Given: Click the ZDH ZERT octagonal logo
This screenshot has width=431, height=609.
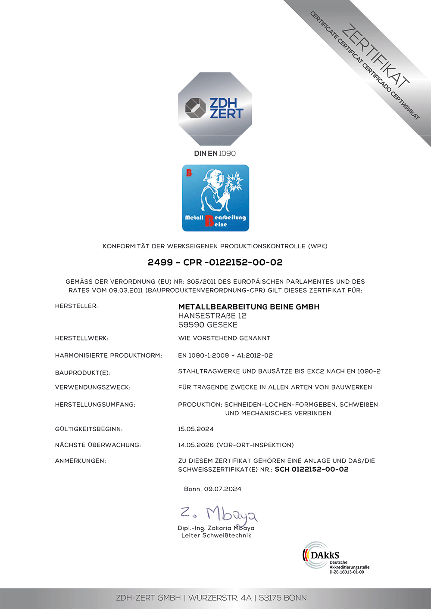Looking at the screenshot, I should pyautogui.click(x=215, y=108).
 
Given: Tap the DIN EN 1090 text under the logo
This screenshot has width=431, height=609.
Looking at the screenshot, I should pyautogui.click(x=215, y=154).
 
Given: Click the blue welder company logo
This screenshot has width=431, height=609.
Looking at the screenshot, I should pyautogui.click(x=215, y=198).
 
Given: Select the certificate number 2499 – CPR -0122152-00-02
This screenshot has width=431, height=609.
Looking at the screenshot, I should pyautogui.click(x=215, y=262).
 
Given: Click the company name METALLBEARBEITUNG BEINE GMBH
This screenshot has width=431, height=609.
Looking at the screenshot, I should pyautogui.click(x=249, y=307).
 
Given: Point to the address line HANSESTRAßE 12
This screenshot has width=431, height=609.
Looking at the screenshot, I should pyautogui.click(x=212, y=316).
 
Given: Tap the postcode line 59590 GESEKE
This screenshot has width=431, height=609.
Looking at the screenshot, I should pyautogui.click(x=208, y=325).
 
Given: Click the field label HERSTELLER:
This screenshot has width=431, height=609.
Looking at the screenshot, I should pyautogui.click(x=76, y=306).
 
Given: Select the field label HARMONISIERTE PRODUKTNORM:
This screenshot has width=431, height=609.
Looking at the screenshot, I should pyautogui.click(x=108, y=356).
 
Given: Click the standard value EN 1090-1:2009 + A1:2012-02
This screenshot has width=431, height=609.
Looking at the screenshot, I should pyautogui.click(x=225, y=356).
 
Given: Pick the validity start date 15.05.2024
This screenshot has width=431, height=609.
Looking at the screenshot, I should pyautogui.click(x=196, y=429).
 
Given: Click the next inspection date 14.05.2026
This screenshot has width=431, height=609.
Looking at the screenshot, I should pyautogui.click(x=196, y=445).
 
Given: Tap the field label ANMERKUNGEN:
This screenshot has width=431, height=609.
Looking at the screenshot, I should pyautogui.click(x=80, y=461).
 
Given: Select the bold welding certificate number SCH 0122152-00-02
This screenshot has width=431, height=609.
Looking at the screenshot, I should pyautogui.click(x=312, y=470).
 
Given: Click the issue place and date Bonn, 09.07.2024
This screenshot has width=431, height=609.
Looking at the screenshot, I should pyautogui.click(x=212, y=489).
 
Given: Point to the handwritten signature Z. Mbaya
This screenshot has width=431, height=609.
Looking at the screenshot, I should pyautogui.click(x=219, y=513).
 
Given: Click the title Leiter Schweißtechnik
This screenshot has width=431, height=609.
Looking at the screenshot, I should pyautogui.click(x=216, y=535).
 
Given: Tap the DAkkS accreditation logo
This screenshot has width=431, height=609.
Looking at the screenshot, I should pyautogui.click(x=335, y=558).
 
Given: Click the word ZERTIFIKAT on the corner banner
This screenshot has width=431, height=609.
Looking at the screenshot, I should pyautogui.click(x=375, y=55).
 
